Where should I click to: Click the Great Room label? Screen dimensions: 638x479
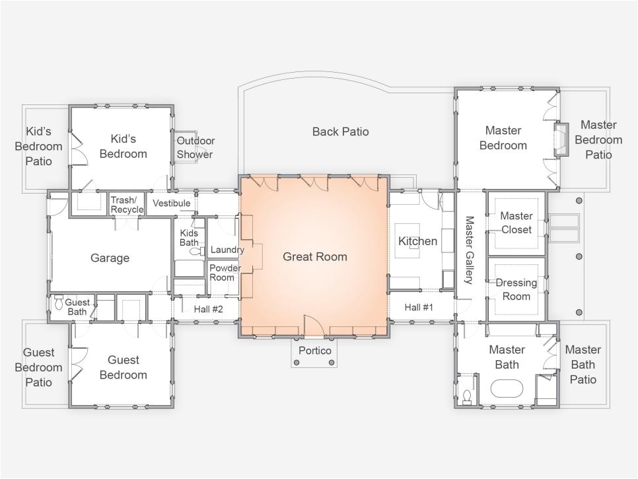click(x=315, y=257)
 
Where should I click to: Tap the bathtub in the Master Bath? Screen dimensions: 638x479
click(x=507, y=388)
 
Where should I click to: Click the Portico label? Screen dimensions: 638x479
click(x=314, y=350)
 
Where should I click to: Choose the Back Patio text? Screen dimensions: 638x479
click(x=341, y=131)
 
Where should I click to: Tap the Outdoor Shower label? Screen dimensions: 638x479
click(x=195, y=147)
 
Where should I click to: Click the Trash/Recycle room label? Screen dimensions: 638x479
click(x=127, y=205)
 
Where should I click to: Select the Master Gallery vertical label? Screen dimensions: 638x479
click(x=469, y=250)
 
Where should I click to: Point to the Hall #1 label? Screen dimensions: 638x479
click(x=419, y=307)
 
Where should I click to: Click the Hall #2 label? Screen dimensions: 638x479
click(x=208, y=309)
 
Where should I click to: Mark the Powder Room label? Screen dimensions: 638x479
click(x=225, y=273)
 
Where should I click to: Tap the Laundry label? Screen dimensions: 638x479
click(x=227, y=250)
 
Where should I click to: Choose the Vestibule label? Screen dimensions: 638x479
click(x=171, y=203)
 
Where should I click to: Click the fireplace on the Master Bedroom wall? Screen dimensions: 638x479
click(x=561, y=139)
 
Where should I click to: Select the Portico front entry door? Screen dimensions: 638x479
click(x=314, y=326)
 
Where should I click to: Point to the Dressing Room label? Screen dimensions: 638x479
click(x=516, y=289)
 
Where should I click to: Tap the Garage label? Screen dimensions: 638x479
click(x=110, y=258)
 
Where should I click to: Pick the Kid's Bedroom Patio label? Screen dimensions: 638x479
click(x=39, y=146)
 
